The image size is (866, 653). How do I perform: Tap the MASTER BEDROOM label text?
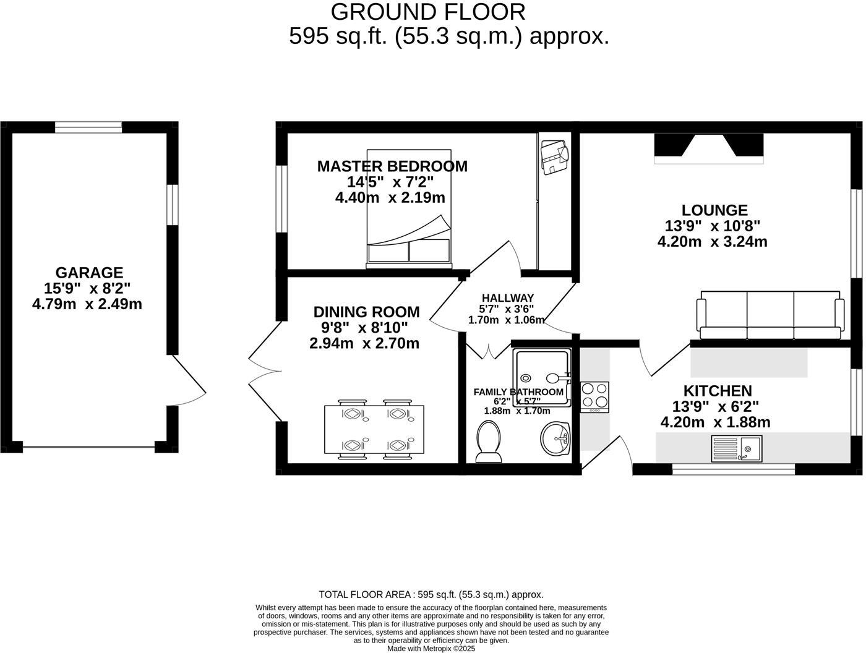pyautogui.click(x=392, y=166)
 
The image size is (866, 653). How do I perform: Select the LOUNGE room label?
pyautogui.click(x=714, y=210)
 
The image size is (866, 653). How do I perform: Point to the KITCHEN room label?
pyautogui.click(x=718, y=391)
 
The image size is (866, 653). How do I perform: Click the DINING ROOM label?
pyautogui.click(x=366, y=312)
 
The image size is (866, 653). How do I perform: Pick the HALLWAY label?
pyautogui.click(x=507, y=298)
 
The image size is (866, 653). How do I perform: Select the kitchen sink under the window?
pyautogui.click(x=737, y=448)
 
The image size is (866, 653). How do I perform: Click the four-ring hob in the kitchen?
pyautogui.click(x=594, y=397)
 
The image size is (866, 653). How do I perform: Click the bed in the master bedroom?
pyautogui.click(x=409, y=208)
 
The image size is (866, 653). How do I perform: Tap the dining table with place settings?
pyautogui.click(x=374, y=430)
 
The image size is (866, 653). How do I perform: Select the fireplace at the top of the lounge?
pyautogui.click(x=709, y=148)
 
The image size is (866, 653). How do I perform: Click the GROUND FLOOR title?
pyautogui.click(x=428, y=12)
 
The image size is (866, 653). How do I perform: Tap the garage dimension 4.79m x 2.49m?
pyautogui.click(x=87, y=304)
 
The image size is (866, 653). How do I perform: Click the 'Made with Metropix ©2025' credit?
pyautogui.click(x=431, y=649)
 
